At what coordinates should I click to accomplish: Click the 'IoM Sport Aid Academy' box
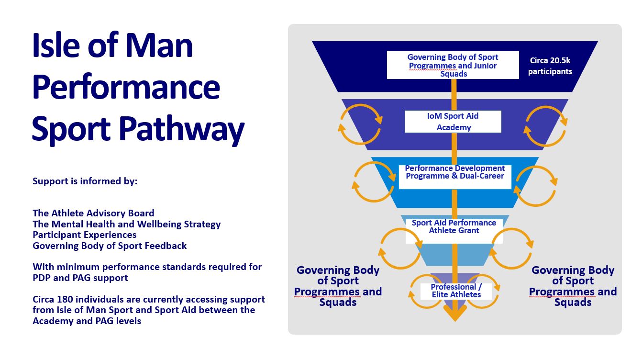(453, 122)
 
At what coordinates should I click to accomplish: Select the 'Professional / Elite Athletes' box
(456, 291)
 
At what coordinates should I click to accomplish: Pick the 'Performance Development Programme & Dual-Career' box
(455, 177)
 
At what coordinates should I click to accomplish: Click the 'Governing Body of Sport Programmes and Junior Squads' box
(453, 65)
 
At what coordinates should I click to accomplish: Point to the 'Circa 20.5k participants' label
(550, 66)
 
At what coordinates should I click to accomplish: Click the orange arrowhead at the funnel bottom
(455, 313)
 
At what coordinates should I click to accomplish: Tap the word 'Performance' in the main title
(126, 87)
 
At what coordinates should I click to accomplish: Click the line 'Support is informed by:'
(85, 181)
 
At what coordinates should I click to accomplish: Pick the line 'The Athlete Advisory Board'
(93, 213)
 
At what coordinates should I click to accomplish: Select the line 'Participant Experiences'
(85, 235)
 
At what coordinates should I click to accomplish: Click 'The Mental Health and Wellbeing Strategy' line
(127, 224)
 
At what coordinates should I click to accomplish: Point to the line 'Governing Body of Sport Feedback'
(110, 246)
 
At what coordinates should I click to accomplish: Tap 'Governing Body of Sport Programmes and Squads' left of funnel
(338, 286)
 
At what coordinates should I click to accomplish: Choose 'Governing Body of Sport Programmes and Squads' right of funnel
(573, 286)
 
